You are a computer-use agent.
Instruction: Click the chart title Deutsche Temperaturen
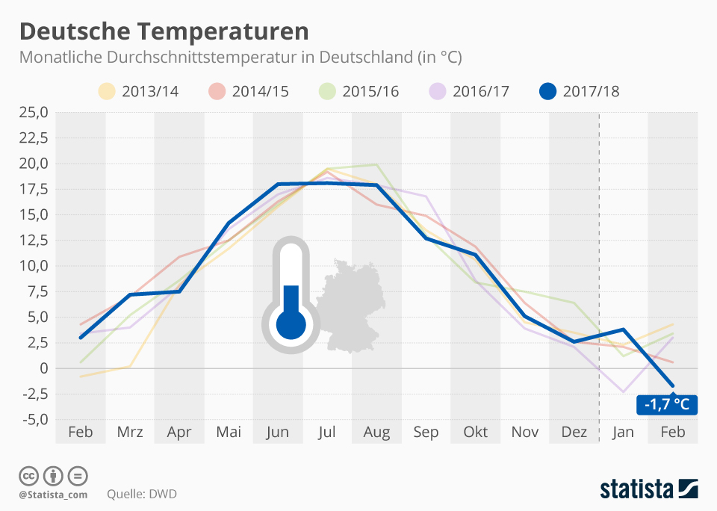[164, 31]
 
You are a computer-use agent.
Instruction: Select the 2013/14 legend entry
[139, 91]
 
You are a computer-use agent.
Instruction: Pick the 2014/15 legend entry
[249, 91]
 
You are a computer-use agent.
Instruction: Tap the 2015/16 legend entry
[360, 91]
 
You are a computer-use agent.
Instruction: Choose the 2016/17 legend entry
[470, 91]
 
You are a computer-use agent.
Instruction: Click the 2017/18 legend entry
[580, 91]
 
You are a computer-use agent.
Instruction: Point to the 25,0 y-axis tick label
[34, 112]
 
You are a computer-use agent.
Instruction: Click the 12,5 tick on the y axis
[34, 240]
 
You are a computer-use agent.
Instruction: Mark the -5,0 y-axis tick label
[34, 419]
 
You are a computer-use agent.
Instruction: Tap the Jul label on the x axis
[326, 432]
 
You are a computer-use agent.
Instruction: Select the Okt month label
[475, 432]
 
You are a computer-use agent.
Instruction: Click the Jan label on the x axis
[623, 432]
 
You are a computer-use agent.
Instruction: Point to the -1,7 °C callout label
[666, 405]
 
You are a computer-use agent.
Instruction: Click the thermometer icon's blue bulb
[291, 324]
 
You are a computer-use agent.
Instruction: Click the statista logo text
[636, 489]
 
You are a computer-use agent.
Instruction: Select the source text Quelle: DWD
[143, 494]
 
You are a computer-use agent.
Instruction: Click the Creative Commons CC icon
[29, 476]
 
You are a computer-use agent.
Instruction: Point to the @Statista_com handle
[53, 494]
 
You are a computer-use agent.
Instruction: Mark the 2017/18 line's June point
[277, 184]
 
